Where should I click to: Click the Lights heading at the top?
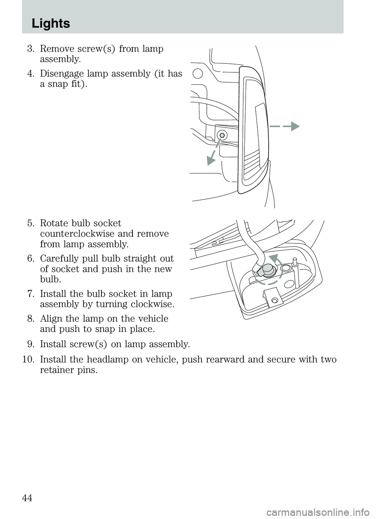(x=51, y=23)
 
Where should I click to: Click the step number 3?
(x=31, y=49)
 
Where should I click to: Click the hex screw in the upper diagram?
(x=222, y=135)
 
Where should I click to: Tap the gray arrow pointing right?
(x=292, y=126)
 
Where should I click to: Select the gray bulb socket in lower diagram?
(x=267, y=270)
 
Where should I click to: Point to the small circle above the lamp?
(x=198, y=73)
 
